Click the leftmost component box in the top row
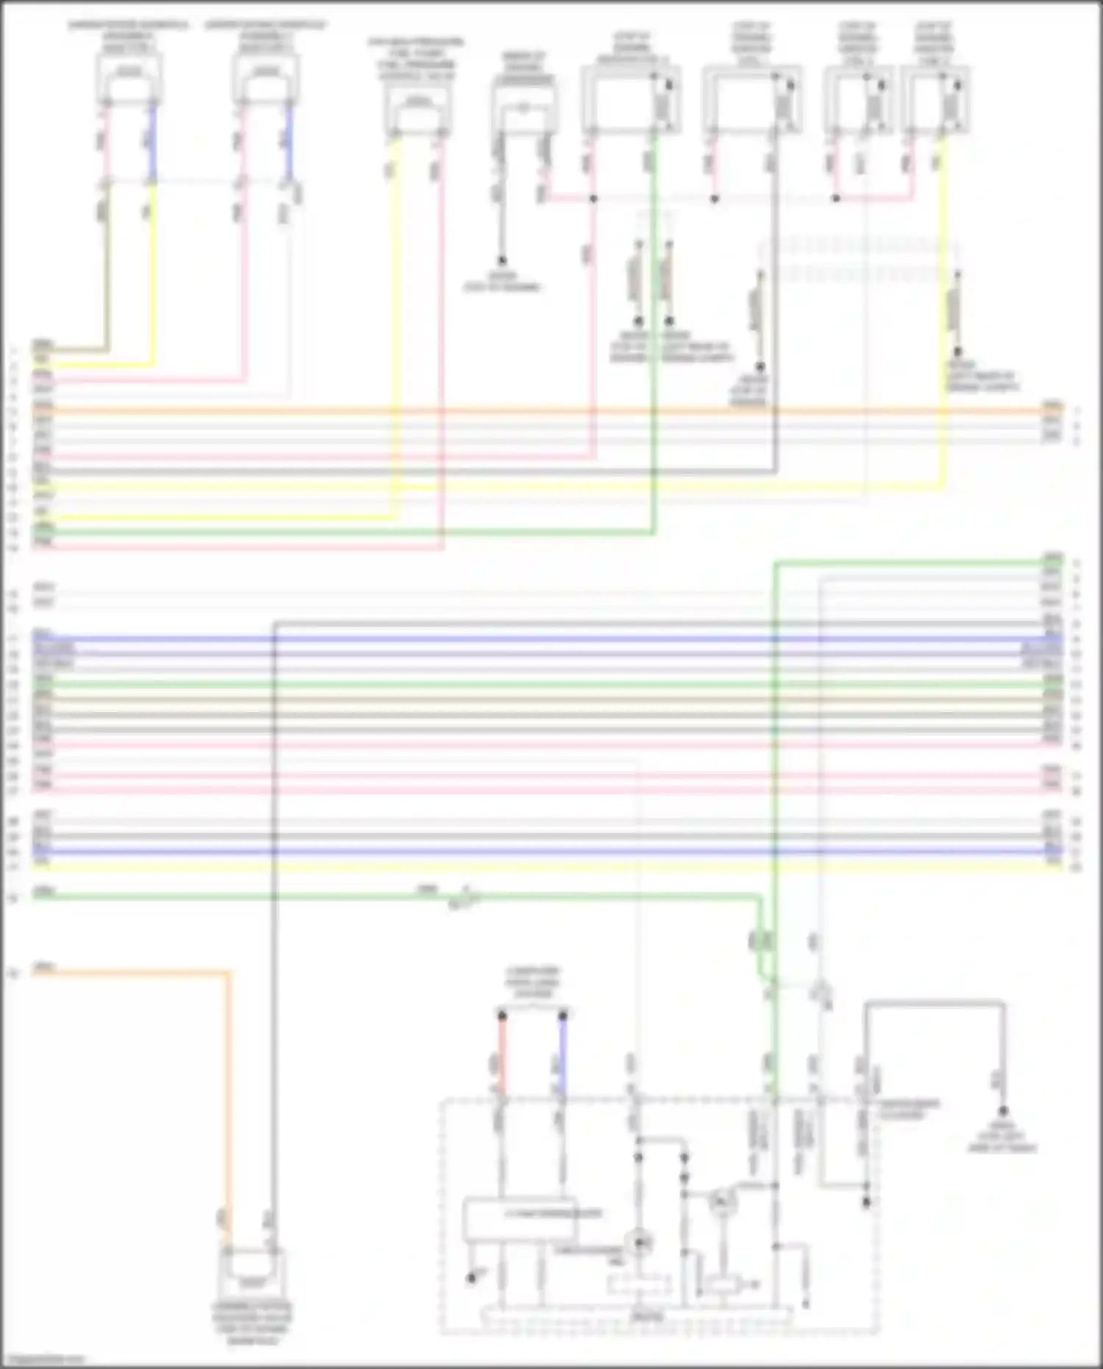coord(129,78)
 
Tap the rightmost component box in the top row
coord(935,99)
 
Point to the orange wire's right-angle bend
coord(227,974)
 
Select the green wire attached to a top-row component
coord(654,331)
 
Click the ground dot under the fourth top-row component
coord(502,260)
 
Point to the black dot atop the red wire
coord(502,1016)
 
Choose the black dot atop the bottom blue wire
coord(563,1016)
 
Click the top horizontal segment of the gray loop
coord(934,1003)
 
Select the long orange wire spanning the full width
coord(537,410)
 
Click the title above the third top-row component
coord(416,58)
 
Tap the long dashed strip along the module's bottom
coord(637,1315)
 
